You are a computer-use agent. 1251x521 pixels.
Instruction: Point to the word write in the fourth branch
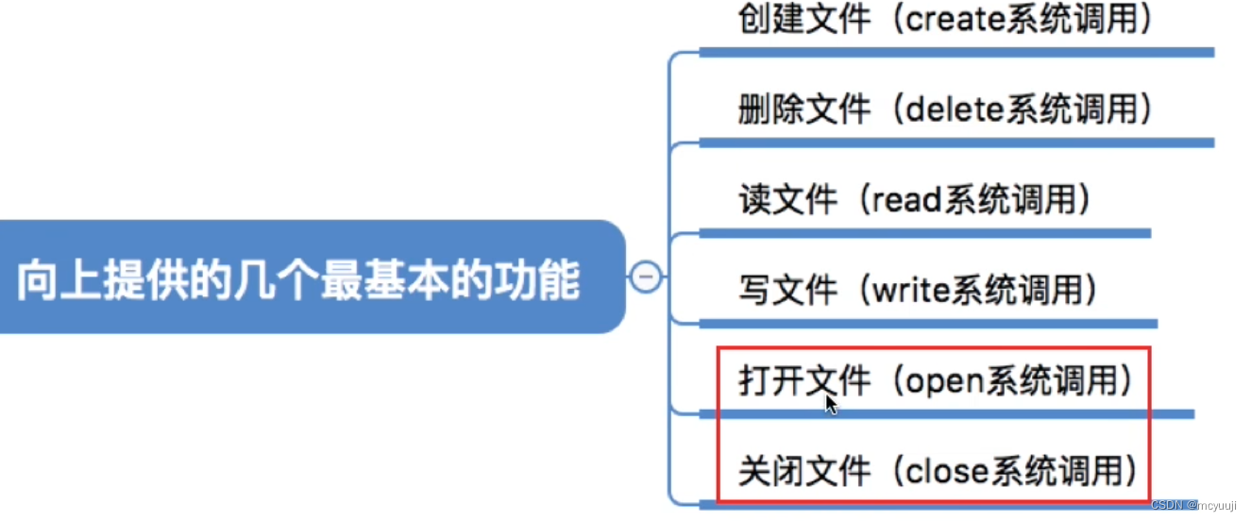pos(911,291)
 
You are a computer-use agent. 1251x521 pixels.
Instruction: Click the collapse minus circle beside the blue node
pos(646,277)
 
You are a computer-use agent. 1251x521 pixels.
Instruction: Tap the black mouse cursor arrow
pos(831,404)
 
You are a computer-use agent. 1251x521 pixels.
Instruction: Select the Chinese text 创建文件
pos(803,20)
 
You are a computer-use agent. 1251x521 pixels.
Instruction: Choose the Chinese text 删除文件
pos(803,110)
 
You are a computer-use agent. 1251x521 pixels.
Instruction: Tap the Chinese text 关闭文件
pos(803,471)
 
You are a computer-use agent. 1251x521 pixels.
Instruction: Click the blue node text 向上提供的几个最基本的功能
pos(298,280)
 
